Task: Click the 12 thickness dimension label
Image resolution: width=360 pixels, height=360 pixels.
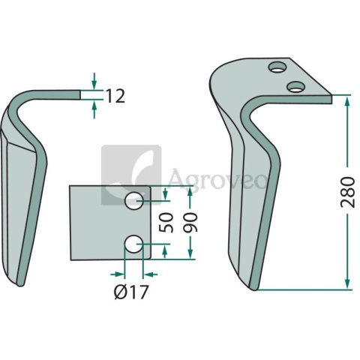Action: point(115,97)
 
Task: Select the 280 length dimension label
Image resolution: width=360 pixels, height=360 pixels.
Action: point(348,192)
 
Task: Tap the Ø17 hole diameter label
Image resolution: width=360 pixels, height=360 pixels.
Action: point(131,292)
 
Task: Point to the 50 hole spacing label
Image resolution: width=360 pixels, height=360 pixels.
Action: point(166,222)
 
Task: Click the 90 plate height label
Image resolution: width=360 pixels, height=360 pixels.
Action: point(190,222)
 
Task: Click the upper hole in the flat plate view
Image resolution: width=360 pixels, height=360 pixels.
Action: point(134,201)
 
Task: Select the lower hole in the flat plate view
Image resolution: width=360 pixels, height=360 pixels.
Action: point(133,244)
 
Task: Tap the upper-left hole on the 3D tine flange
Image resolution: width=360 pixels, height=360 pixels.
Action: point(277,67)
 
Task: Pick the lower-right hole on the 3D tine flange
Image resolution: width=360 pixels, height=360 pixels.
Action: point(295,86)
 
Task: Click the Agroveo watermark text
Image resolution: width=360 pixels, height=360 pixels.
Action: point(217,178)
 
